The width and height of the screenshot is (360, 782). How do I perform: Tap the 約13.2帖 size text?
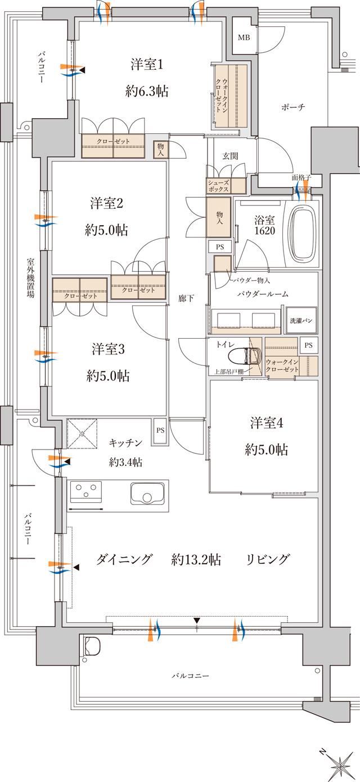tap(196, 559)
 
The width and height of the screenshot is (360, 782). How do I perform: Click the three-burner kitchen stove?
tap(86, 495)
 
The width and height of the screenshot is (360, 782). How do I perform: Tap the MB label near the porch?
tap(244, 38)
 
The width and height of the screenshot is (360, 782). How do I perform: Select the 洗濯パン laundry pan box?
tap(301, 320)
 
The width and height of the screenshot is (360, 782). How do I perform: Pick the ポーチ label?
tap(293, 107)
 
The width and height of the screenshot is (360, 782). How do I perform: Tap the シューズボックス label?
tap(218, 186)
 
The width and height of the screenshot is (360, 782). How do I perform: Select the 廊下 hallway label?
tap(186, 298)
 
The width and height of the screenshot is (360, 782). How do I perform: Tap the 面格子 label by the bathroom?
tap(302, 178)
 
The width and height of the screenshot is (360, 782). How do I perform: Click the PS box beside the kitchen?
tap(160, 432)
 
